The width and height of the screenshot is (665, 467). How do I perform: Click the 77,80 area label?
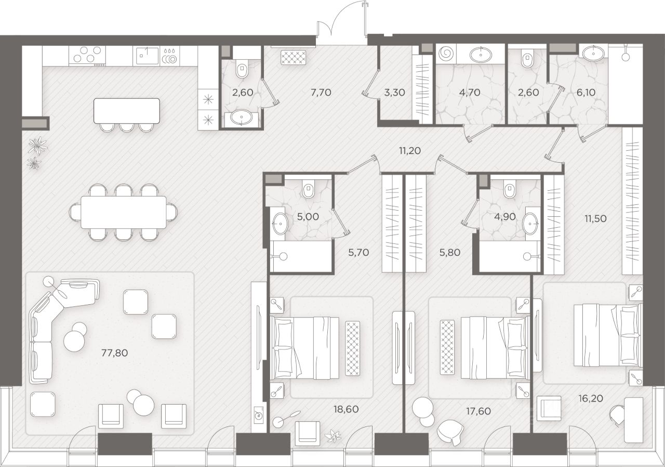pyautogui.click(x=115, y=353)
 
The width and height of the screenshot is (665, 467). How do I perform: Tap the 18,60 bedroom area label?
pyautogui.click(x=346, y=409)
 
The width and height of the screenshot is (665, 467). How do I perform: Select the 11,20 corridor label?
pyautogui.click(x=410, y=151)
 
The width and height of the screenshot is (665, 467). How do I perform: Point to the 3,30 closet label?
pyautogui.click(x=394, y=93)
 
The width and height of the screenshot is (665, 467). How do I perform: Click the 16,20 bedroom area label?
pyautogui.click(x=591, y=398)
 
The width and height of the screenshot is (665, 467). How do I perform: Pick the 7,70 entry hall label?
pyautogui.click(x=321, y=93)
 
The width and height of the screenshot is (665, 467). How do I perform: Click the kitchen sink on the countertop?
pyautogui.click(x=148, y=56)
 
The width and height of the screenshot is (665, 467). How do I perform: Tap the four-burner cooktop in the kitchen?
pyautogui.click(x=87, y=56)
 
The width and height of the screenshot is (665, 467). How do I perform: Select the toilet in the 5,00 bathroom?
pyautogui.click(x=308, y=189)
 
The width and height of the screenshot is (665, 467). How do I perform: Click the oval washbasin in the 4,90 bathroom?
pyautogui.click(x=530, y=223)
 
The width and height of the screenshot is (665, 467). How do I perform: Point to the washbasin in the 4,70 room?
pyautogui.click(x=481, y=55)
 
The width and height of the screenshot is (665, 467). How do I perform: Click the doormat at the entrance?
pyautogui.click(x=293, y=57)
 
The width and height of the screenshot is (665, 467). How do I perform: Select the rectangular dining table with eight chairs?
pyautogui.click(x=124, y=212)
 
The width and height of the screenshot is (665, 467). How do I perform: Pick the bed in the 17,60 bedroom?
pyautogui.click(x=495, y=347)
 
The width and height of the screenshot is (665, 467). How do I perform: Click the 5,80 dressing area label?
pyautogui.click(x=450, y=253)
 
